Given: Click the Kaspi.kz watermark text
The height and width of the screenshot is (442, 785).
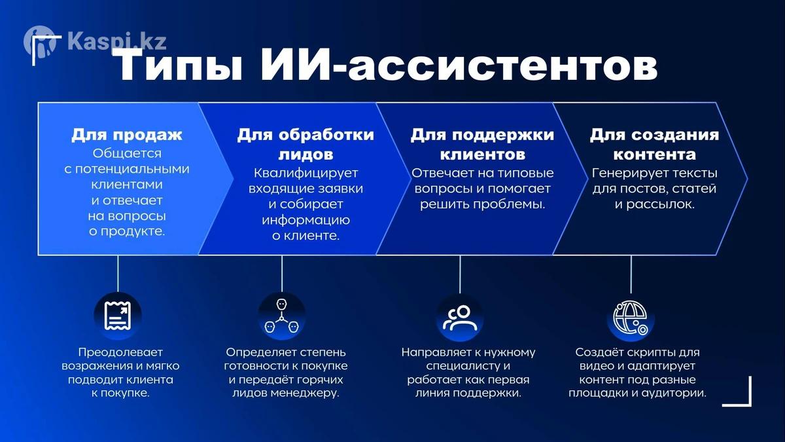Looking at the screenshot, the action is [116, 41].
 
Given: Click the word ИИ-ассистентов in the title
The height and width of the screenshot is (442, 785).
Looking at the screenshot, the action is [459, 65].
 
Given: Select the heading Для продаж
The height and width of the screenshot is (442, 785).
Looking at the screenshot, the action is [127, 135].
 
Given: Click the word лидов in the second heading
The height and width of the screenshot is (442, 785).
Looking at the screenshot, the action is [305, 155].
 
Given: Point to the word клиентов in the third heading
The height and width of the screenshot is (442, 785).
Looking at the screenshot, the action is [483, 155].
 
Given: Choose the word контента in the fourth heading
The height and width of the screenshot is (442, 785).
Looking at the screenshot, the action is [654, 155].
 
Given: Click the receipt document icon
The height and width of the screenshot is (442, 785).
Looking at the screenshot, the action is [118, 316].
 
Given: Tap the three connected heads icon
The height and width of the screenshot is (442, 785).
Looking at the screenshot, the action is [281, 316].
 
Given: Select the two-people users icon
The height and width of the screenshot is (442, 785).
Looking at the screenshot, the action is [460, 318].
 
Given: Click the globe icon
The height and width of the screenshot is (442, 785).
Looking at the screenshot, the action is [631, 318].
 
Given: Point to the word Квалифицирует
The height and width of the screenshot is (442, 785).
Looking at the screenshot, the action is [305, 174].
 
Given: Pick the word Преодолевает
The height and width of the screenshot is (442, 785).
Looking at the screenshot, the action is [120, 352].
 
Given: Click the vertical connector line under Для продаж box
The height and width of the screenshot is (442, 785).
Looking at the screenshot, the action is [118, 273].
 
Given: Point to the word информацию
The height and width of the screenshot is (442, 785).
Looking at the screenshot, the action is [305, 221].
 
